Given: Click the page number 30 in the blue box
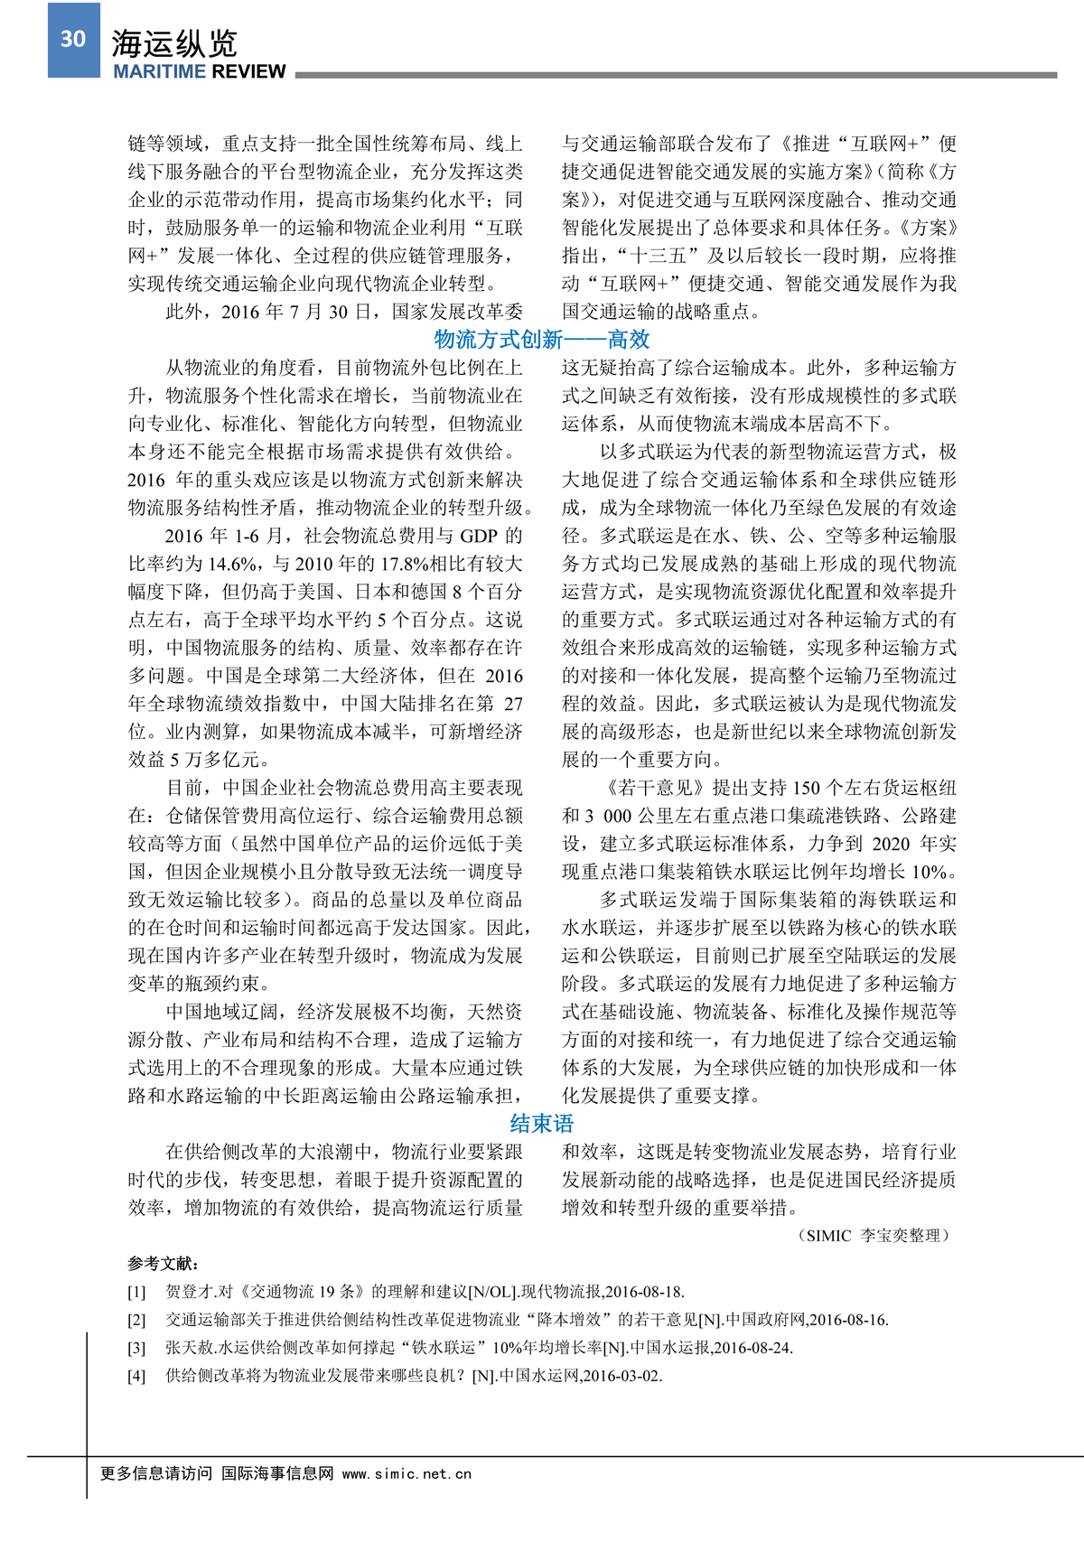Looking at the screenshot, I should tap(73, 39).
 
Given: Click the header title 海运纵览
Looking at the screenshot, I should tap(174, 43).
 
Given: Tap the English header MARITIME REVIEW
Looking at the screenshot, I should tap(200, 71).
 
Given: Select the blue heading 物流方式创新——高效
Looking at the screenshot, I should tap(542, 340).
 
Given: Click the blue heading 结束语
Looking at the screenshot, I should tap(542, 1124).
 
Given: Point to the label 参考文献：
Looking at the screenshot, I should tap(164, 1264).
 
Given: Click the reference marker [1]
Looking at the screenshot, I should tap(136, 1293).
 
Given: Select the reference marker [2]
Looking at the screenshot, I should tap(136, 1321).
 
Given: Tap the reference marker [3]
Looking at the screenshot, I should tap(136, 1349).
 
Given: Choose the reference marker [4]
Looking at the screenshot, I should tap(136, 1377).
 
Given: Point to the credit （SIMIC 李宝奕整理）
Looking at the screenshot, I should tap(874, 1236).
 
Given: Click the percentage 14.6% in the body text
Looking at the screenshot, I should tap(233, 565).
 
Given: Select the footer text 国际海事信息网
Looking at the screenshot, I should tap(277, 1473).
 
